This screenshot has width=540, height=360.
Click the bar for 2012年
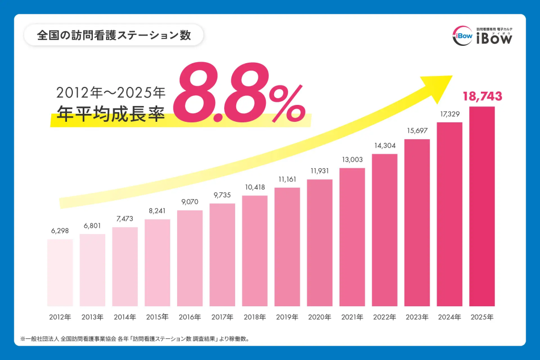60,273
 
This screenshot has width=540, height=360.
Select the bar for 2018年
255,251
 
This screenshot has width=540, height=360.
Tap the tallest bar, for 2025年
482,206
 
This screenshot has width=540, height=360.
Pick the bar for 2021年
352,237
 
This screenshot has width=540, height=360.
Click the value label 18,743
482,96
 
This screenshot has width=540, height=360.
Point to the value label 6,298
60,231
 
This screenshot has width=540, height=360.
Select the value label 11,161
287,179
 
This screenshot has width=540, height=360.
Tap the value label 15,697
417,131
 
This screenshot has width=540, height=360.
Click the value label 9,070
190,202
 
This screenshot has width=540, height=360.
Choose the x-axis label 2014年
125,317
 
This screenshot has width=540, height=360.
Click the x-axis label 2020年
320,317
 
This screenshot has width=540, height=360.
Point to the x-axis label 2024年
450,317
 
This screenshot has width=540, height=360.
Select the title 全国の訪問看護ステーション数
113,35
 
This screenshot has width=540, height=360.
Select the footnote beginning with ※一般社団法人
134,338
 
